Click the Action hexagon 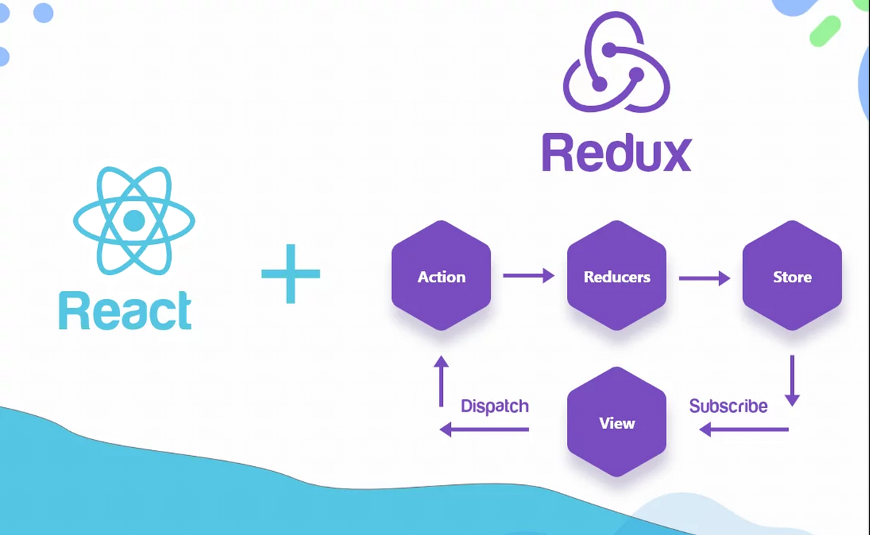pos(441,277)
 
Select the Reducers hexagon pos(616,277)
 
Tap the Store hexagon pos(792,277)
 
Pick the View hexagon pos(616,423)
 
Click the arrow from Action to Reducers pos(529,275)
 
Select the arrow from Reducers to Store pos(704,277)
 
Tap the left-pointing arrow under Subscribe pos(743,430)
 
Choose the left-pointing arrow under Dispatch pos(484,430)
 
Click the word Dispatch pos(494,406)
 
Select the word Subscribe pos(728,406)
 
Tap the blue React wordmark pos(125,311)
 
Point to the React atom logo pos(134,221)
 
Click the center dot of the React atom pos(134,221)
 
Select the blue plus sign pos(291,274)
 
